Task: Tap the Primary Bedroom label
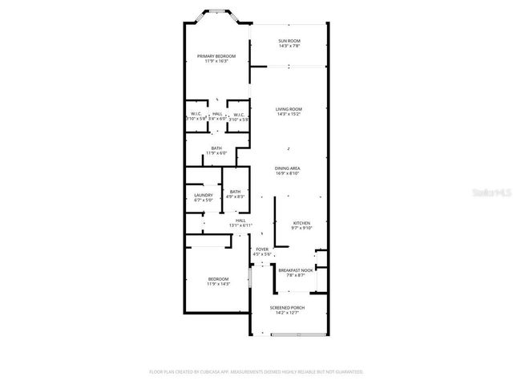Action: (216, 55)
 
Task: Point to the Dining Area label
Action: (288, 168)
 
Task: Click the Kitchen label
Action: (301, 222)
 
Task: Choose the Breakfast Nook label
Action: (295, 270)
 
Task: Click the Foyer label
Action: (262, 249)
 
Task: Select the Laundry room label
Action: (203, 195)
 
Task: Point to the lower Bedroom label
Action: (219, 278)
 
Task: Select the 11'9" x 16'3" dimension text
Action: (216, 61)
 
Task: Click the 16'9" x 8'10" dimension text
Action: (288, 173)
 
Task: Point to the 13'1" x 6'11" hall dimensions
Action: (240, 225)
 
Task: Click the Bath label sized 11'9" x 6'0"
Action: (216, 148)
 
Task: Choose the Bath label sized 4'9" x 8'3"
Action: (235, 191)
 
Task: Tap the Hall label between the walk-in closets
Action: (217, 114)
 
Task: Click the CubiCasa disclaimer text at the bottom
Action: (256, 371)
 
